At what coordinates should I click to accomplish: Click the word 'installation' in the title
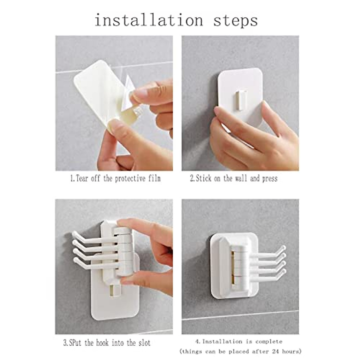[149, 20]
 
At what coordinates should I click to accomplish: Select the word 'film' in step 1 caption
[154, 178]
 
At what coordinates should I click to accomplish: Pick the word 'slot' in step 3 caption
[144, 343]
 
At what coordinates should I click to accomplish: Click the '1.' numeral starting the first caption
[72, 179]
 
